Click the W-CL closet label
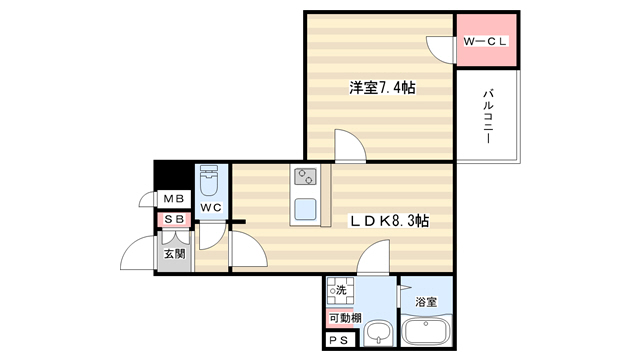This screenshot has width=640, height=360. point(485,41)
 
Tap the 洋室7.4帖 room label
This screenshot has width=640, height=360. point(382,88)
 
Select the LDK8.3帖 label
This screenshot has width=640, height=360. point(389,221)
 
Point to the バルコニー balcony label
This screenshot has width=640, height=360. point(488,117)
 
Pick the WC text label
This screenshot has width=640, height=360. point(211,208)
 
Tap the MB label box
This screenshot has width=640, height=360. point(174,199)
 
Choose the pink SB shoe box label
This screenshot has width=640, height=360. point(174,220)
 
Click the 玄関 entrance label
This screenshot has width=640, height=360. point(175,254)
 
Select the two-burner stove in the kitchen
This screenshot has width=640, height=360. point(306,177)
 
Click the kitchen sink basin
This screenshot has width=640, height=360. point(305,209)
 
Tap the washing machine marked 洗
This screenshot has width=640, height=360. point(340,290)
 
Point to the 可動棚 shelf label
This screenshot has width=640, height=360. point(345,318)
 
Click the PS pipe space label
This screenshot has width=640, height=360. point(338,340)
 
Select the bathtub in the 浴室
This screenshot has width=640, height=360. point(427,330)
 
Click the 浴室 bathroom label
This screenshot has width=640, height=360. point(426,302)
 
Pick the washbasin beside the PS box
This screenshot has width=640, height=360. point(379,334)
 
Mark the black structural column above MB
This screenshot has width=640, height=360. point(171,176)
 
